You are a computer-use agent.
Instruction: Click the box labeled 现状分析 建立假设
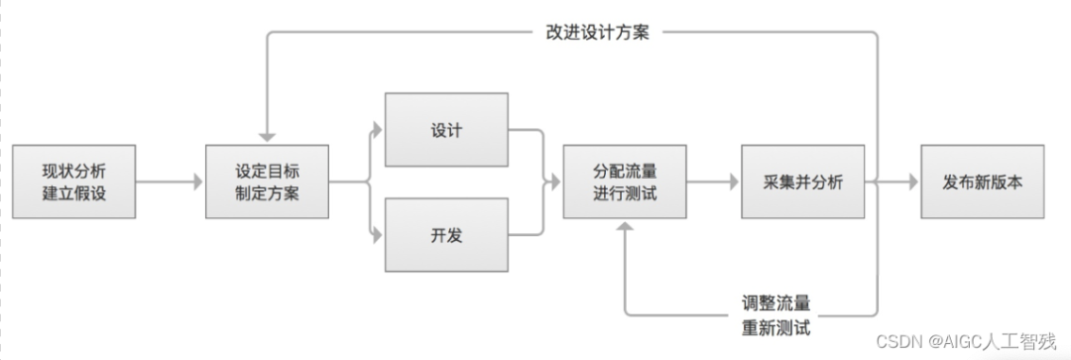(74, 181)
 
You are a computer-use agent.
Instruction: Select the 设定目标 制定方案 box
(267, 181)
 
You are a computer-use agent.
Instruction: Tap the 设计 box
(446, 131)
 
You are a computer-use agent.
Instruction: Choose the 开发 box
(446, 234)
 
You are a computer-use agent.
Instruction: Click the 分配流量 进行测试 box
(625, 181)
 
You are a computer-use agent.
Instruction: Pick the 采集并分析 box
(802, 181)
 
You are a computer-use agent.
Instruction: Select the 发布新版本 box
(982, 181)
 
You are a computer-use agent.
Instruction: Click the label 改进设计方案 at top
(598, 32)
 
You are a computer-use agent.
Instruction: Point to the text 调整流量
(776, 302)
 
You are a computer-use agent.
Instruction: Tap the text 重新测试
(776, 326)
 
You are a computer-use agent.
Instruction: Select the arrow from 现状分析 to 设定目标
(170, 182)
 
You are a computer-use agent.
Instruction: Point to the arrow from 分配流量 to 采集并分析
(713, 182)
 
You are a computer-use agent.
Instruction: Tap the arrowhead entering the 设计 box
(378, 128)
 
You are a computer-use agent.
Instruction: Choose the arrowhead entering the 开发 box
(378, 236)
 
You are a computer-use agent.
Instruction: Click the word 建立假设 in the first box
(74, 193)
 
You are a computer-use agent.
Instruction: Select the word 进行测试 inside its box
(625, 193)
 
